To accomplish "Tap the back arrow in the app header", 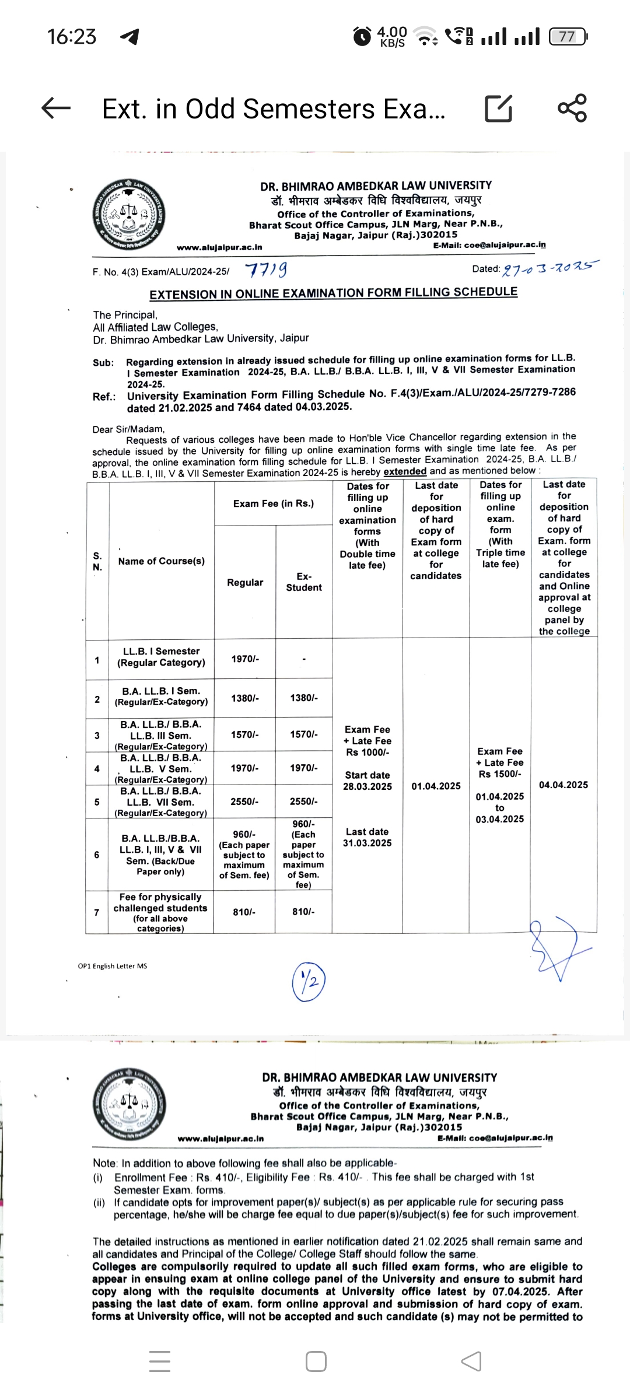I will click(57, 108).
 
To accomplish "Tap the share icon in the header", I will click(572, 108).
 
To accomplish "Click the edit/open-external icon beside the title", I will click(499, 108).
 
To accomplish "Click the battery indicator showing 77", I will click(568, 37).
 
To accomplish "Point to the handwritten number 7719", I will click(266, 270).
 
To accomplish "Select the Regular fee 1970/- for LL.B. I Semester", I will click(245, 659).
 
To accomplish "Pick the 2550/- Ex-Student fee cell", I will click(303, 801).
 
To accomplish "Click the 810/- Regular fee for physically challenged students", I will click(244, 912).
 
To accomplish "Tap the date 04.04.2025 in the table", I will click(563, 785).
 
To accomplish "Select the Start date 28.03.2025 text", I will click(367, 780).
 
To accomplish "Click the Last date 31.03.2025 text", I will click(367, 837).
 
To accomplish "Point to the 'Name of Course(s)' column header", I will click(161, 561).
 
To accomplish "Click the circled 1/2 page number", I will click(309, 981).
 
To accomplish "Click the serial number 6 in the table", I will click(97, 855).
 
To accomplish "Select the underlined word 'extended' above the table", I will click(405, 471).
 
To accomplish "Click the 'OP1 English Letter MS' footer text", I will click(113, 966).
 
